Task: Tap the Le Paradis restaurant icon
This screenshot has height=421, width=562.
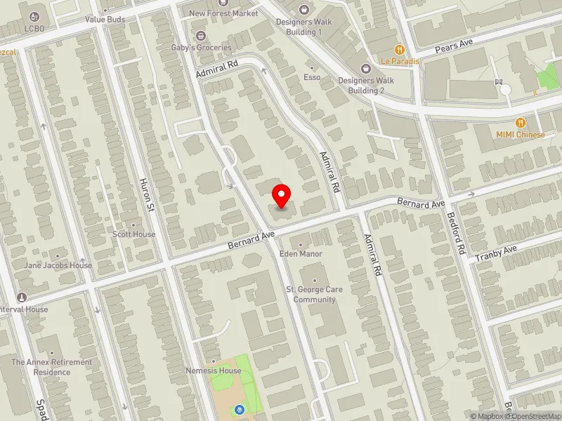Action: tap(400, 50)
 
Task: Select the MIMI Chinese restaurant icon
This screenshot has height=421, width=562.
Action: tap(521, 123)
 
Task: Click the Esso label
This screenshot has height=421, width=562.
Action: tap(312, 77)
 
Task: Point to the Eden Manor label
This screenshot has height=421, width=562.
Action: tap(301, 253)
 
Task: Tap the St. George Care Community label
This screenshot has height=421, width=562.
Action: tap(315, 295)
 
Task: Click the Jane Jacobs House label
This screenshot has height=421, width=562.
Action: tap(58, 266)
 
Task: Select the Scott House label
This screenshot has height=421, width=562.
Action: tap(133, 234)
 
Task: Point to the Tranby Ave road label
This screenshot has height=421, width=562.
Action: tap(496, 254)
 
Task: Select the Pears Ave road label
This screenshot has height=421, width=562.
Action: tap(455, 46)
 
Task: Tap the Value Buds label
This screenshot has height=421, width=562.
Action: tap(105, 20)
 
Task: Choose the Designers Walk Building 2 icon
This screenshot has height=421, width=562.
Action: tap(366, 68)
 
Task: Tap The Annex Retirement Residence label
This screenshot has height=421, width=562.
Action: tap(52, 367)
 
